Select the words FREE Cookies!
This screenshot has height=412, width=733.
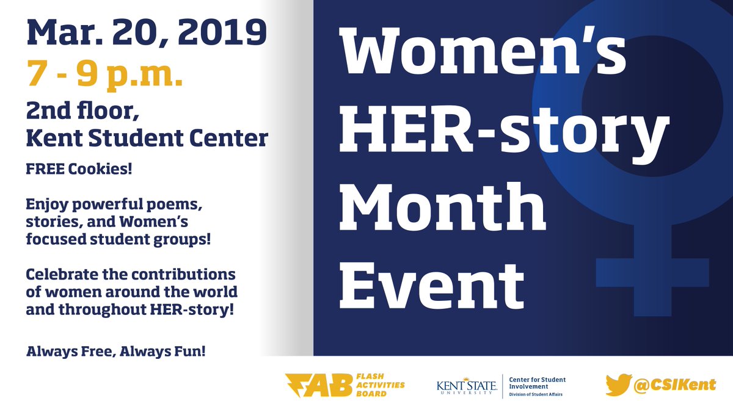[x=79, y=168]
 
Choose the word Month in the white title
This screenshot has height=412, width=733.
[x=443, y=208]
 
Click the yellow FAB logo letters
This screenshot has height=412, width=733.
[x=318, y=385]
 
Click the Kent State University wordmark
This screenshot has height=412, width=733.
[x=465, y=386]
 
